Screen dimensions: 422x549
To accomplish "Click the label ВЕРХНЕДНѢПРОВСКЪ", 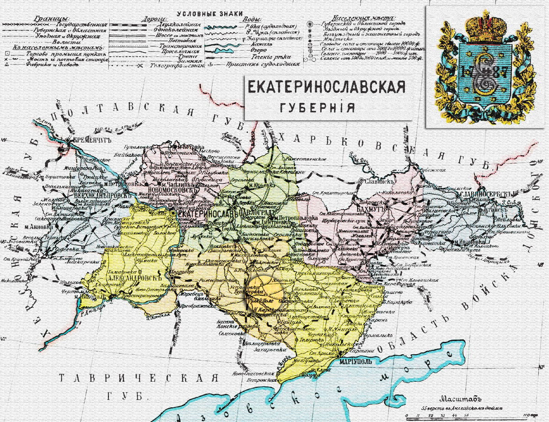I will (95, 196).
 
